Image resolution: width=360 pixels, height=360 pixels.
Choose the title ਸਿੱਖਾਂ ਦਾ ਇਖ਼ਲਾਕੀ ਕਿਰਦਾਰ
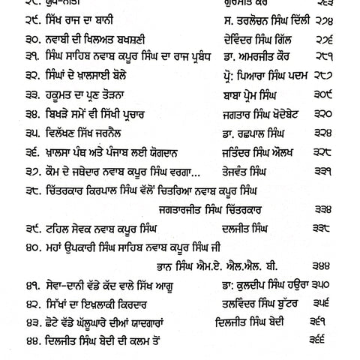click(92, 303)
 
